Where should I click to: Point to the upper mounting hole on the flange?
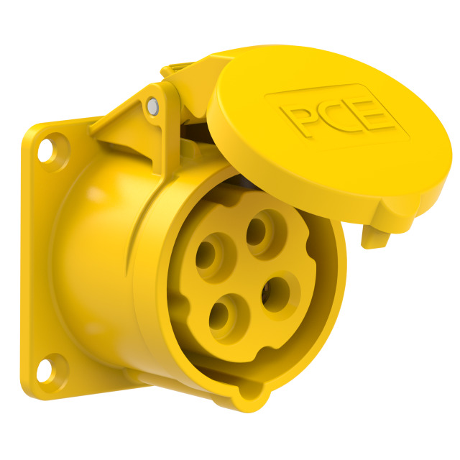(x=46, y=150)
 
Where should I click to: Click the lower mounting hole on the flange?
(x=45, y=371)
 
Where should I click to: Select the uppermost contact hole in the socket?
(x=256, y=231)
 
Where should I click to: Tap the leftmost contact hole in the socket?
(x=206, y=255)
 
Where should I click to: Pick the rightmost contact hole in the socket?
(x=276, y=294)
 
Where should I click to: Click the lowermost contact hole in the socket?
(x=219, y=317)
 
